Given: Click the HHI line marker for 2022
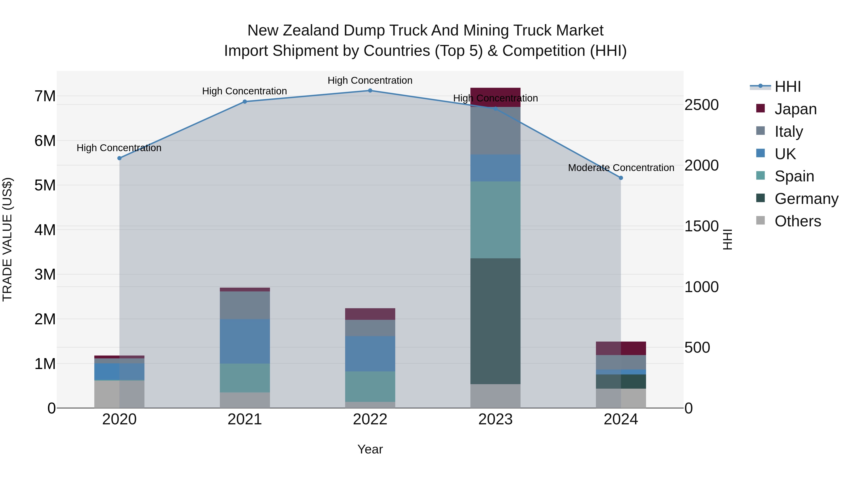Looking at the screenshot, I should coord(370,91).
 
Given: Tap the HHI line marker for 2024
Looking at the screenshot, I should coord(621,178).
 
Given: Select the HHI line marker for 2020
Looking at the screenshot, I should coord(120,158).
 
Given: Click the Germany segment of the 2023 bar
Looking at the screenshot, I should coord(495,321).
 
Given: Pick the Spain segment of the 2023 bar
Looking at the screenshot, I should coord(495,220).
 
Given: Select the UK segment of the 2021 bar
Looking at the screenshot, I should coord(245,341).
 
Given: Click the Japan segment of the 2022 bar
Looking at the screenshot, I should coord(370,314).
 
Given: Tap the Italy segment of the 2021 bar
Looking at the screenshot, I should coord(245,305).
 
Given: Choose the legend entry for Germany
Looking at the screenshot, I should coord(806,199).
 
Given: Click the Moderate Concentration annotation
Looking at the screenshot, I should coord(621,168).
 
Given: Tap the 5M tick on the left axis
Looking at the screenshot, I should coord(45,185).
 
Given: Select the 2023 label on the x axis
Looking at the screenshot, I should coord(495,419).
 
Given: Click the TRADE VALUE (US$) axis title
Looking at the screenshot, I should coord(8,239).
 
